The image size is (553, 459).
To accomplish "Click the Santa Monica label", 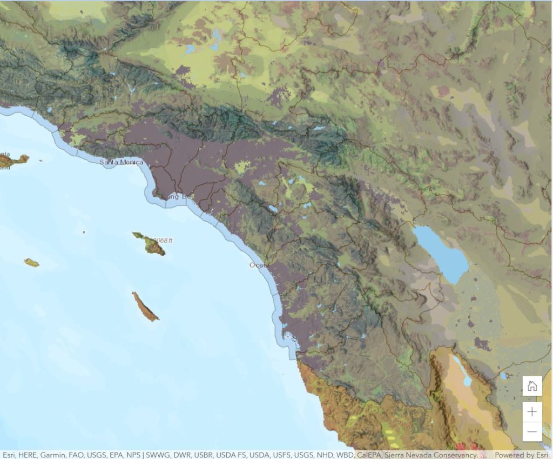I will pyautogui.click(x=121, y=162).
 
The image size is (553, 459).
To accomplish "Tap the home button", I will pyautogui.click(x=532, y=386).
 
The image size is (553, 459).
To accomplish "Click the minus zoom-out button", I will pyautogui.click(x=532, y=431).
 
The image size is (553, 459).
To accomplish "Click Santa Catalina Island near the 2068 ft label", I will pyautogui.click(x=150, y=245).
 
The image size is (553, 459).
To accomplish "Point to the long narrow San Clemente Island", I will pyautogui.click(x=145, y=307).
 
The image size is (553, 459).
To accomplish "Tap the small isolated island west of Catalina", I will pyautogui.click(x=31, y=263).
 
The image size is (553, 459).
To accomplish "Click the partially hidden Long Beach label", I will pyautogui.click(x=179, y=197).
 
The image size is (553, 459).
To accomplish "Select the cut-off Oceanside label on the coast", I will pyautogui.click(x=255, y=265).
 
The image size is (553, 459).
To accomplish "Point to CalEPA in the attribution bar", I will pyautogui.click(x=368, y=455).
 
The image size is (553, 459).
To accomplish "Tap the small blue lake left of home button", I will pyautogui.click(x=503, y=375).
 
